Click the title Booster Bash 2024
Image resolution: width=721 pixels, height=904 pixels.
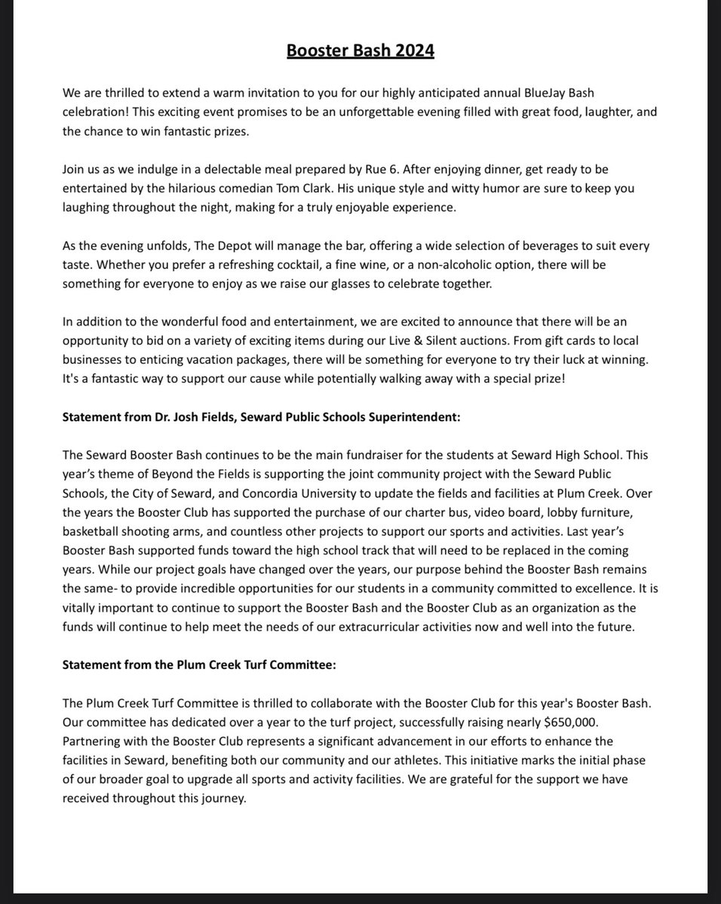pos(360,52)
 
